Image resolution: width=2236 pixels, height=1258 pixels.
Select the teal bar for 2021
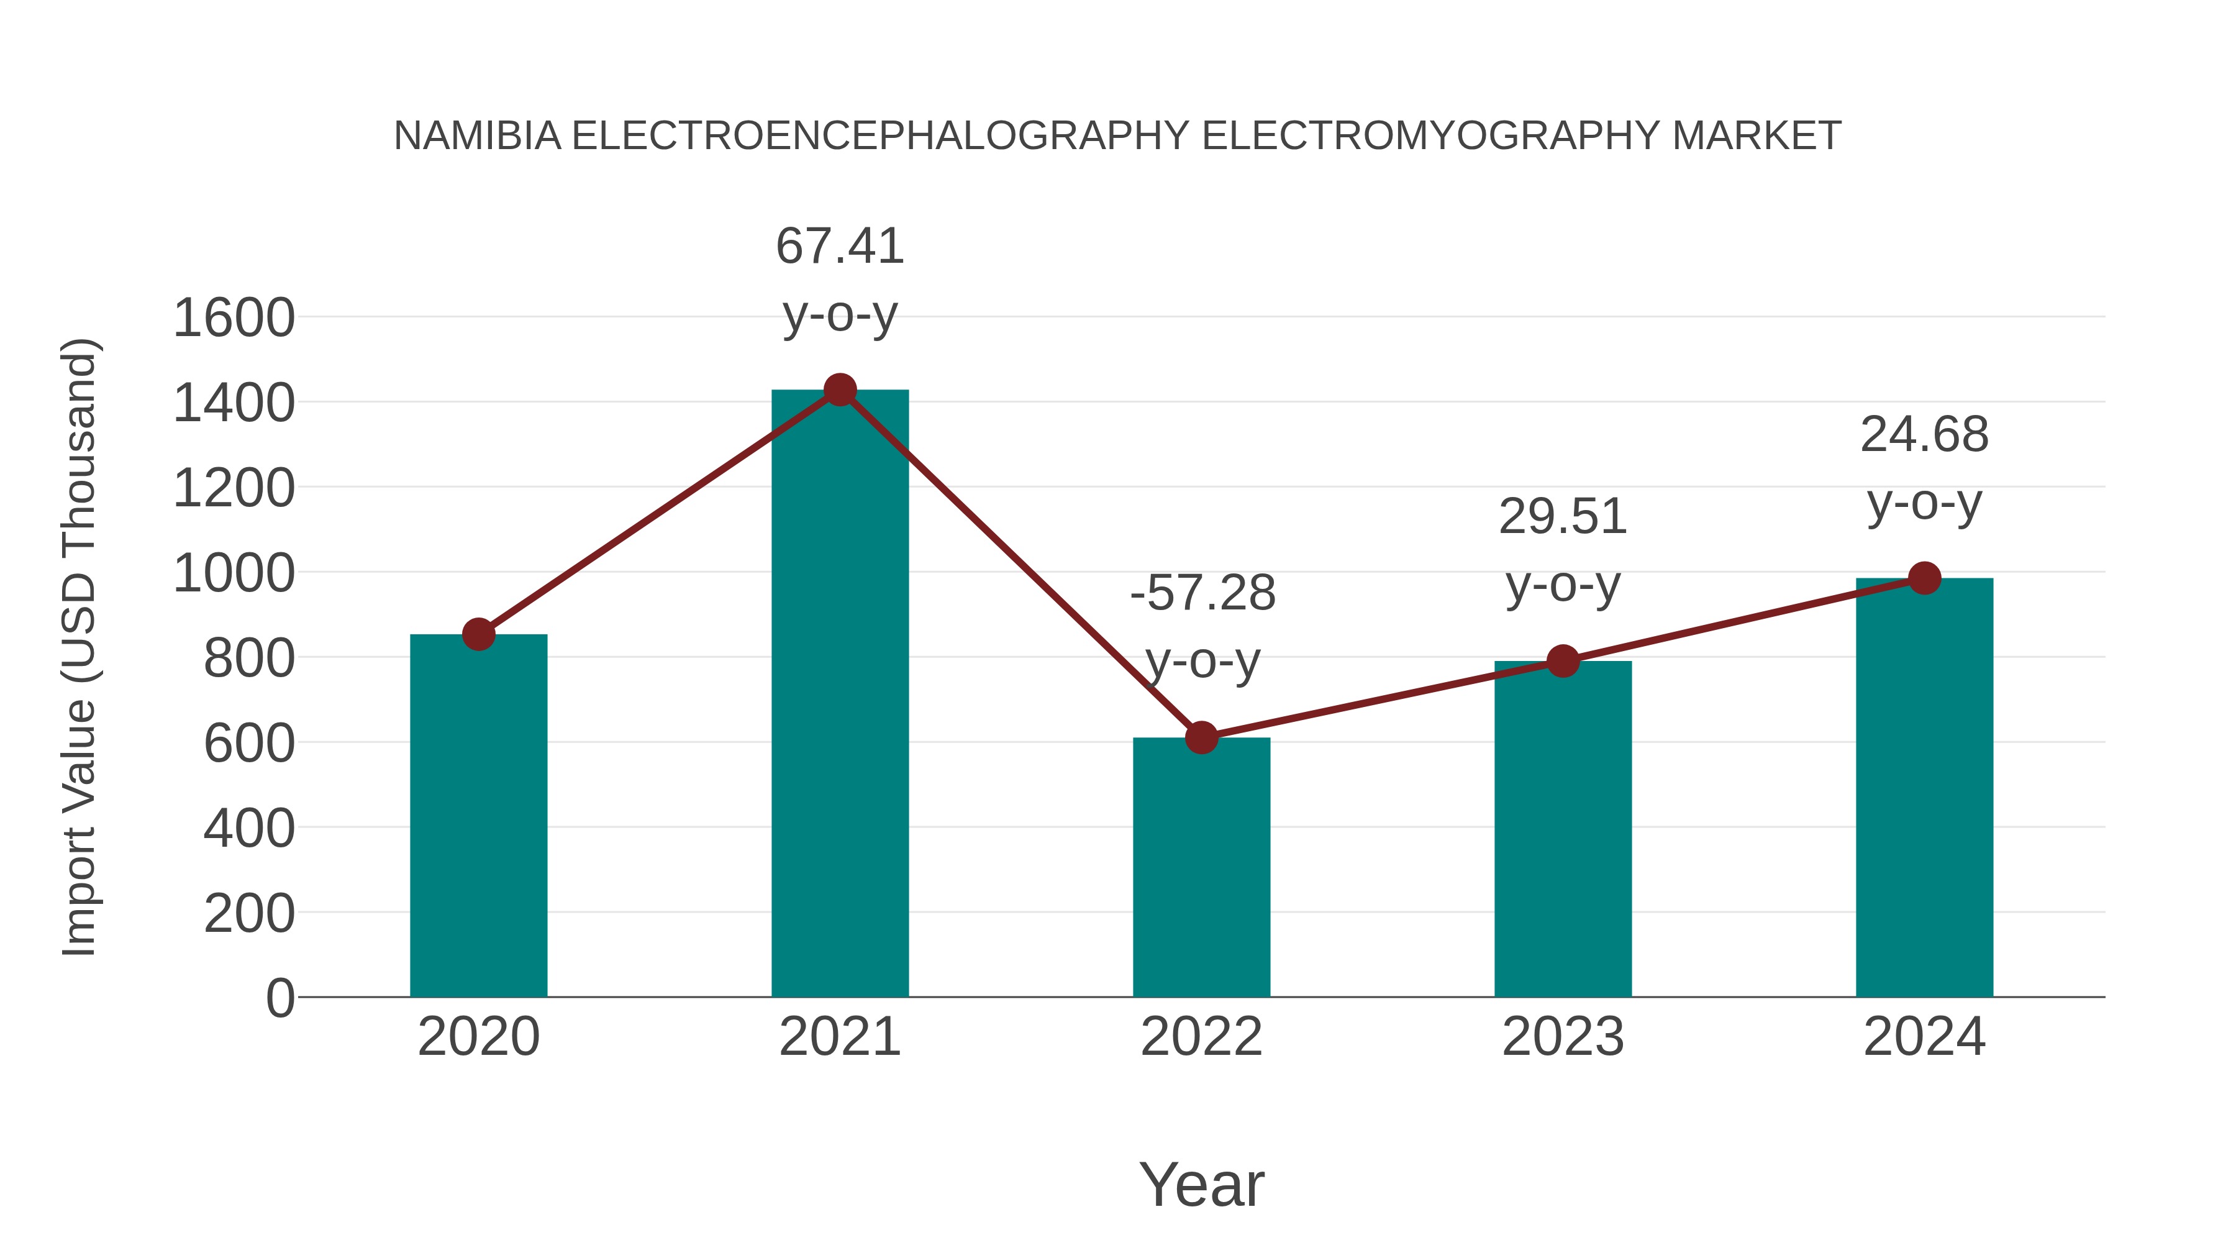(839, 695)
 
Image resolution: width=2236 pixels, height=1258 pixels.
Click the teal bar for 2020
(478, 816)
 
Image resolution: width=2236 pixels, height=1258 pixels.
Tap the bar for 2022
(1201, 868)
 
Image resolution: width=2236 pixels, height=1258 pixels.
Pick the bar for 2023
(1563, 829)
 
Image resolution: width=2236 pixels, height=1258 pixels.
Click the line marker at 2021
(839, 390)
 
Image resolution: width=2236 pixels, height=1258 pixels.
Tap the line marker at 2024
(1924, 577)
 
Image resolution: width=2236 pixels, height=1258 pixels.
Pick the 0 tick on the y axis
(279, 998)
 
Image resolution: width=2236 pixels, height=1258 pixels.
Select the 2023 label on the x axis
(1563, 1037)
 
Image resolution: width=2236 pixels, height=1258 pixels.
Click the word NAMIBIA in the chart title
(478, 136)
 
